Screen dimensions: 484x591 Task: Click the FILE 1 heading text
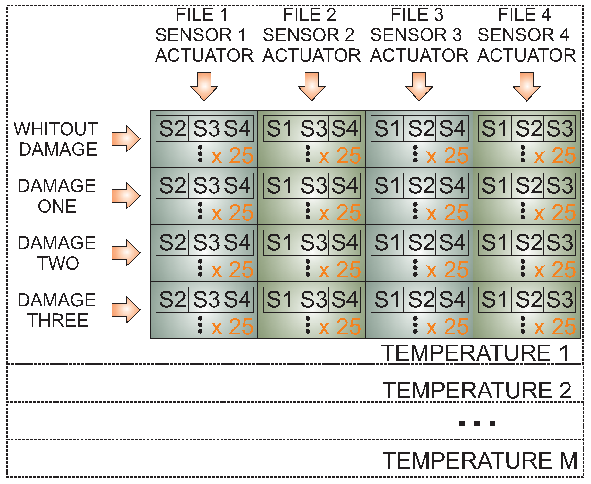pyautogui.click(x=202, y=14)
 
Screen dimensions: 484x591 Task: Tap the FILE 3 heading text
pyautogui.click(x=417, y=14)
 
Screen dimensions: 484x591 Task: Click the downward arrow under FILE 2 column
pyautogui.click(x=312, y=86)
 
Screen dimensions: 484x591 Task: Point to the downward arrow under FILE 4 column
pyautogui.click(x=527, y=86)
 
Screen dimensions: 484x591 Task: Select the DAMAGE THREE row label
pyautogui.click(x=57, y=310)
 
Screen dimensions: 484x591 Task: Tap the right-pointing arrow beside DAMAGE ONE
pyautogui.click(x=126, y=196)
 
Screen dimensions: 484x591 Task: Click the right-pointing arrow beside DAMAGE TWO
pyautogui.click(x=126, y=253)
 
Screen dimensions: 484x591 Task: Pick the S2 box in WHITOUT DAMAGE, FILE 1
pyautogui.click(x=172, y=129)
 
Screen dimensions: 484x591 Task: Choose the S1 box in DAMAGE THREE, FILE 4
pyautogui.click(x=495, y=300)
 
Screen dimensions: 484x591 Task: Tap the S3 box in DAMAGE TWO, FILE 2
pyautogui.click(x=312, y=242)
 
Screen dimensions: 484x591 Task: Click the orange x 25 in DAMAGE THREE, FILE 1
pyautogui.click(x=232, y=327)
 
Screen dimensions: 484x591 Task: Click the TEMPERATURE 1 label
pyautogui.click(x=475, y=353)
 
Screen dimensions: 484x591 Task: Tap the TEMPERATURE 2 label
pyautogui.click(x=477, y=390)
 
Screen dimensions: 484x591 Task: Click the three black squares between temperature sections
pyautogui.click(x=477, y=424)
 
